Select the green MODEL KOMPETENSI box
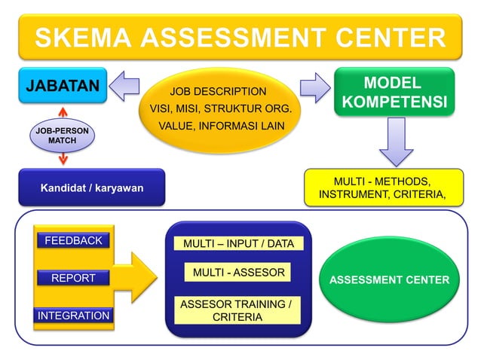coord(394,92)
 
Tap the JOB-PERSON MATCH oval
coord(62,136)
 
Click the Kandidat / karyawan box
coord(91,187)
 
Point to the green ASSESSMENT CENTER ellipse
coord(389,279)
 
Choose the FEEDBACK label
coord(73,241)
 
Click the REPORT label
coord(73,278)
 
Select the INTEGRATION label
coord(73,316)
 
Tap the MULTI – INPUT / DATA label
coord(237,243)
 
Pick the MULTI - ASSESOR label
coord(238,272)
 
